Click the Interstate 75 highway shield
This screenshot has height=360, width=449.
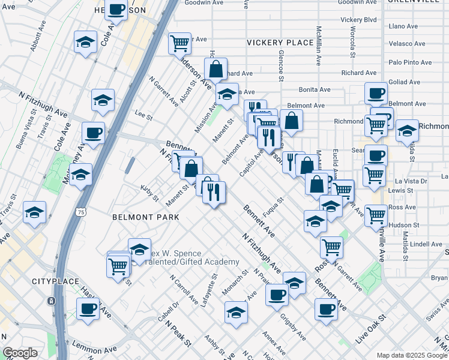[81, 212]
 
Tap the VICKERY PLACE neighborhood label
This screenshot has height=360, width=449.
[280, 43]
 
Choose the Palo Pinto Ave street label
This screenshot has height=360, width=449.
[411, 62]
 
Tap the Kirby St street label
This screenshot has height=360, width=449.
[149, 193]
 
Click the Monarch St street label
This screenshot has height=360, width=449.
[235, 281]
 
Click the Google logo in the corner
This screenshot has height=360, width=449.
[20, 353]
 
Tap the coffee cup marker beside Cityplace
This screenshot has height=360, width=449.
[88, 309]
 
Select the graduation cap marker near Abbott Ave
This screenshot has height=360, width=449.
[85, 42]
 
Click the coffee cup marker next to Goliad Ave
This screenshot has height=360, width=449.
[376, 93]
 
